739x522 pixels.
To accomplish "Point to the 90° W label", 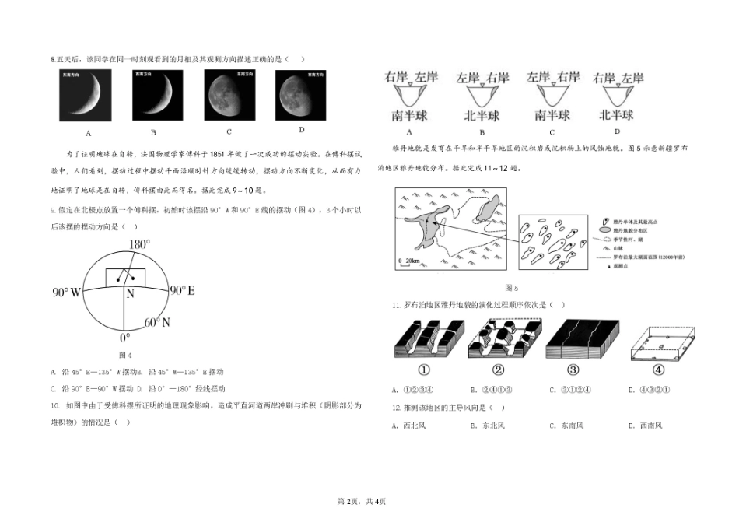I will click(x=67, y=293).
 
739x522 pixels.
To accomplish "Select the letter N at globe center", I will click(x=130, y=294).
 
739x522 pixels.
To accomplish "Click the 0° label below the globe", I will click(x=124, y=338).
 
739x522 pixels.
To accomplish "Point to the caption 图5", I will click(x=511, y=288).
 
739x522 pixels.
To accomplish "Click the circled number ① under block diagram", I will click(x=425, y=370).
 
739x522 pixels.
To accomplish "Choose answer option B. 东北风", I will click(x=488, y=426).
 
